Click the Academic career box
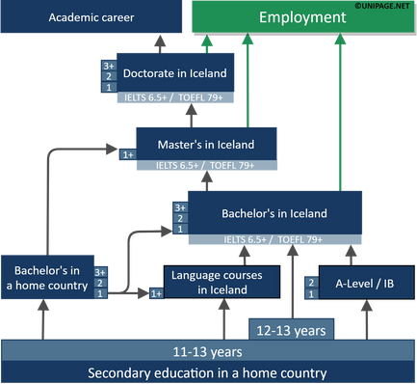click(x=91, y=18)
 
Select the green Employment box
click(x=302, y=18)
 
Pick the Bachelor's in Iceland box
click(x=274, y=213)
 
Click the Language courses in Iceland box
click(x=222, y=282)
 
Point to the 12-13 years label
click(x=290, y=330)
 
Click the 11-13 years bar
click(x=208, y=350)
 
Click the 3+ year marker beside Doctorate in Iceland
click(x=107, y=66)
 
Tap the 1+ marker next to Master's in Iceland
click(x=128, y=152)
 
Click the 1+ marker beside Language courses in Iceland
click(x=155, y=292)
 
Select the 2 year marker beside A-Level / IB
click(x=311, y=282)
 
